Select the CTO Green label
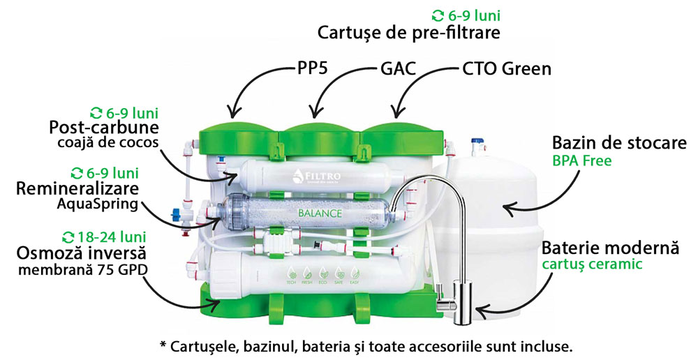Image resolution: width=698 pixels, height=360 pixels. click(507, 70)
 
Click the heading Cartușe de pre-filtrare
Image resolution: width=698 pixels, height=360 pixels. click(409, 32)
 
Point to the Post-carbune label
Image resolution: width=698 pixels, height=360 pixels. click(104, 129)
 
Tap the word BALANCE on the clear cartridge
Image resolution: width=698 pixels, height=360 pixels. click(320, 213)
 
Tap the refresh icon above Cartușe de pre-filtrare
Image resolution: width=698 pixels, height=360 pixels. click(438, 15)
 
